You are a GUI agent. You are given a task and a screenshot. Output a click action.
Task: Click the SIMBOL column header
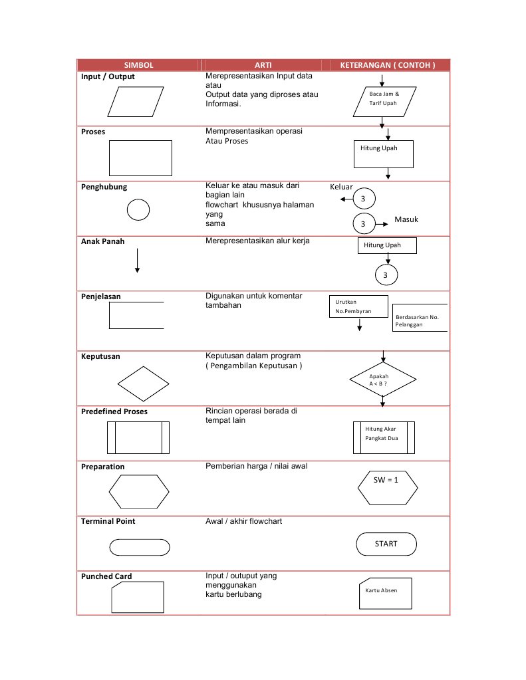click(x=138, y=65)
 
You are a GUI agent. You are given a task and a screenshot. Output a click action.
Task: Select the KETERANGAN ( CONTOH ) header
click(x=388, y=65)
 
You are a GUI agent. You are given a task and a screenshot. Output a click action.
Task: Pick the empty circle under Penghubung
click(x=138, y=210)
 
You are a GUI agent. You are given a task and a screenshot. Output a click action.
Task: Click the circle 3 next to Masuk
click(x=364, y=223)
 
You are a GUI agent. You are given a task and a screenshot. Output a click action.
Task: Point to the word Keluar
click(x=342, y=187)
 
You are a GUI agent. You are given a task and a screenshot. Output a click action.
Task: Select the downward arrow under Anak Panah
click(x=137, y=260)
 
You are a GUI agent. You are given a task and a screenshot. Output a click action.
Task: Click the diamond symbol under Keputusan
click(x=143, y=384)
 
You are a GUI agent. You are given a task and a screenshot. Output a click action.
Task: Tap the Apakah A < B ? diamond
click(x=382, y=380)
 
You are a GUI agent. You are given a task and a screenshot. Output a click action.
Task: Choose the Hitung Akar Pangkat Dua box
click(x=384, y=436)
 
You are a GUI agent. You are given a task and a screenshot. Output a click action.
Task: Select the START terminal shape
click(x=386, y=544)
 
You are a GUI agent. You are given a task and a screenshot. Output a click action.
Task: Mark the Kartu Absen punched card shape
click(x=384, y=590)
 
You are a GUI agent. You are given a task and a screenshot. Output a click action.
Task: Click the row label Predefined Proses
click(x=114, y=411)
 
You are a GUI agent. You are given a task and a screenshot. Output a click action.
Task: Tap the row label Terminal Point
click(x=108, y=521)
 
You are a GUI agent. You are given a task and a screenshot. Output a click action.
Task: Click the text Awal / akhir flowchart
click(x=243, y=521)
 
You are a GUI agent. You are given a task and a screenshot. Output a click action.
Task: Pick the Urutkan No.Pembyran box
click(x=358, y=306)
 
